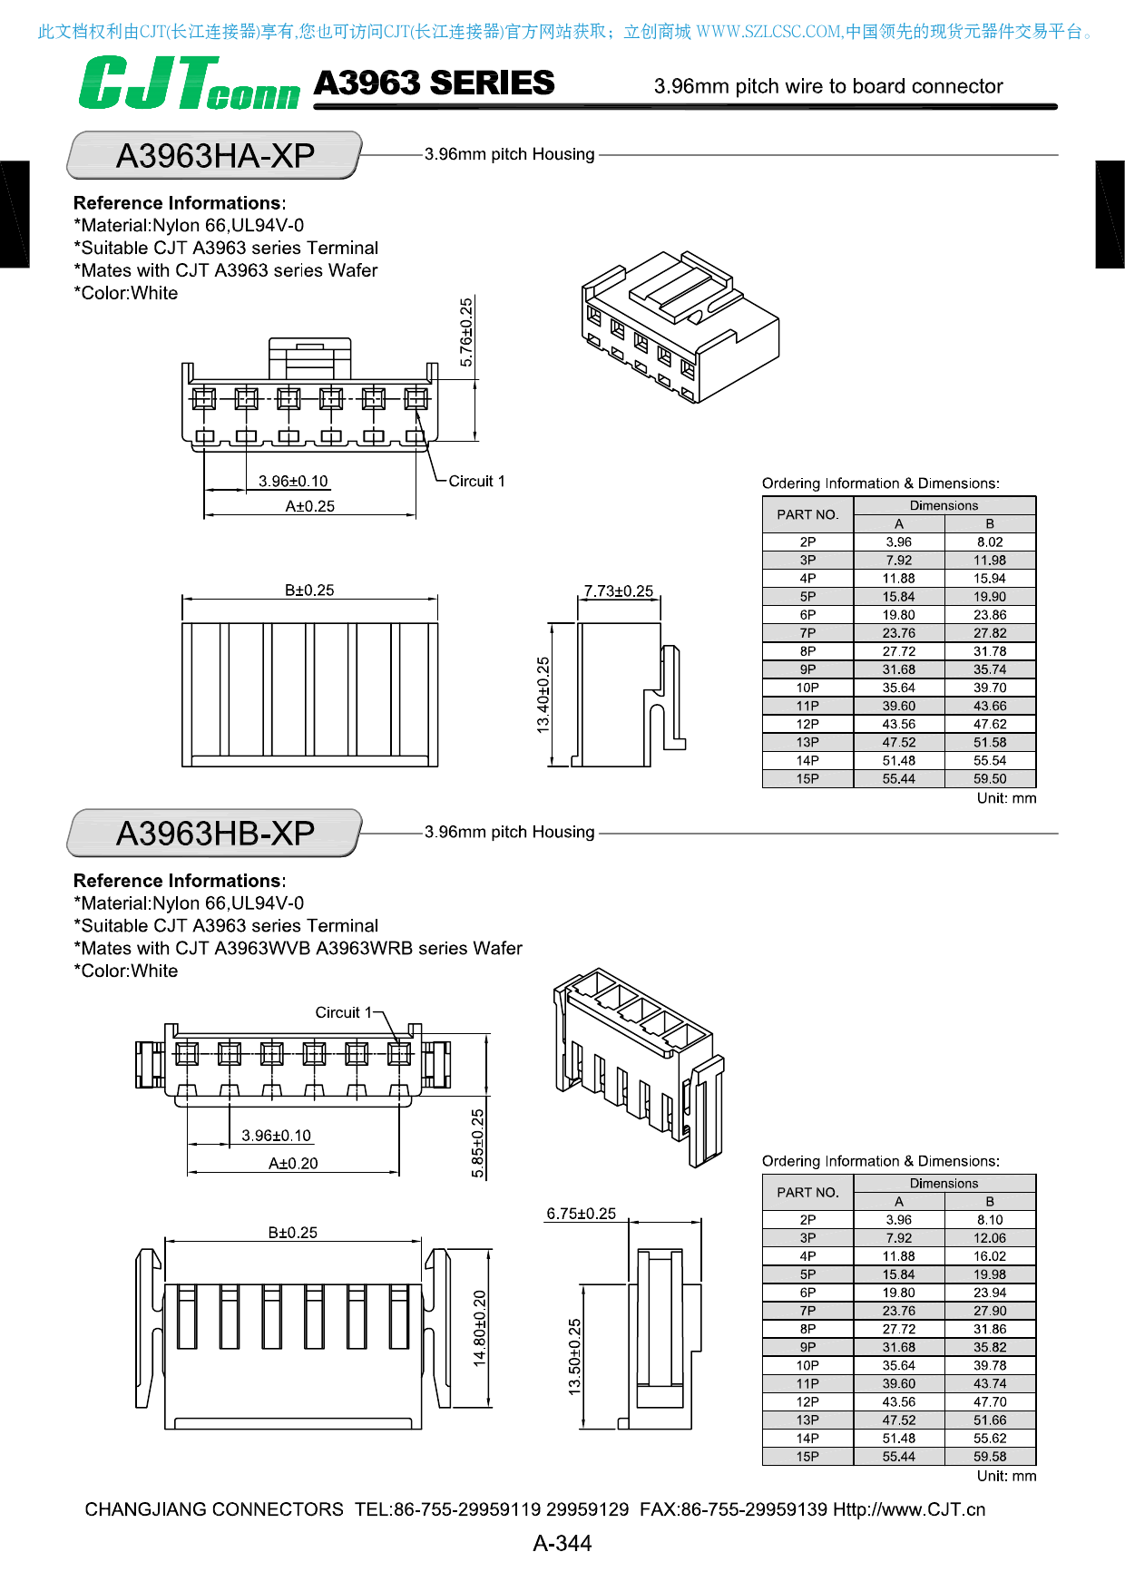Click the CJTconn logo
189,83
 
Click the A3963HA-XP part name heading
215,156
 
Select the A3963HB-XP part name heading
215,834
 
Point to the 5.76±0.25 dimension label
466,332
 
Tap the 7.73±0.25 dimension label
619,591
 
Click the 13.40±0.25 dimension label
543,695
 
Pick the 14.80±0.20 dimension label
480,1328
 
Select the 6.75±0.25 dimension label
581,1214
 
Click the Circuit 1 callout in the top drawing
476,481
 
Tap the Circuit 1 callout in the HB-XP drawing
344,1012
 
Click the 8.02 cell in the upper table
990,542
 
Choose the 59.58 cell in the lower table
990,1456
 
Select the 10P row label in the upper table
807,688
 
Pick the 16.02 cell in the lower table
990,1256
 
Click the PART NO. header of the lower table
807,1192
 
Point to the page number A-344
562,1543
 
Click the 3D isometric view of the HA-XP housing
680,327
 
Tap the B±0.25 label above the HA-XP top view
309,591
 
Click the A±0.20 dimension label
293,1164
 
